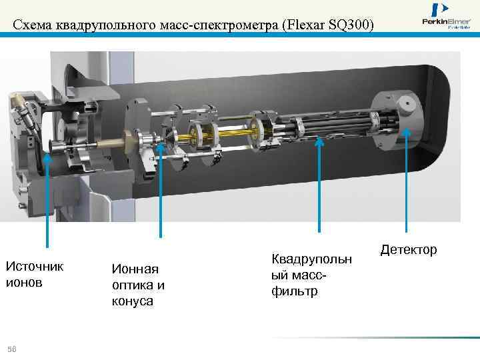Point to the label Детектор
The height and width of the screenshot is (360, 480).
click(409, 250)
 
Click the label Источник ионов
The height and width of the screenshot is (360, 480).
click(34, 274)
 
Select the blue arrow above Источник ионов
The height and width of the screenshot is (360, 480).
click(47, 200)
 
